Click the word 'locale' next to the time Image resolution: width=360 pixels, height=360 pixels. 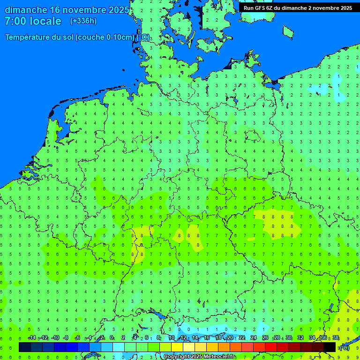coord(46,21)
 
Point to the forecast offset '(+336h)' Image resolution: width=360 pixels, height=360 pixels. coord(83,21)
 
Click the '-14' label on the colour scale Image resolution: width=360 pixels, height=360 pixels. coord(32,338)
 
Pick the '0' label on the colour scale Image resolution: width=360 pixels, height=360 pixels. coord(112,338)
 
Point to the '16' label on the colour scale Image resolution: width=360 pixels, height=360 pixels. coord(207,338)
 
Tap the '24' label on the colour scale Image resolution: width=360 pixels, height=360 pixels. coord(254,338)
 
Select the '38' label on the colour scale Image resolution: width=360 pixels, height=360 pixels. coord(336,338)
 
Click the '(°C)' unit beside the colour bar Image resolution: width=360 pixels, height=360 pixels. coord(345,347)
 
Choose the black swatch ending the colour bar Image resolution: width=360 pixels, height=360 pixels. coord(330,347)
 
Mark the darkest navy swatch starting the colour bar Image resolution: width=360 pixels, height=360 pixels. coord(24,347)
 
